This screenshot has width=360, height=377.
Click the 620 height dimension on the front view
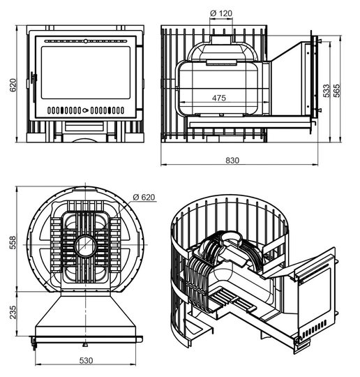tap(13, 85)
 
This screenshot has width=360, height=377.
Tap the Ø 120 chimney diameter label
tap(221, 13)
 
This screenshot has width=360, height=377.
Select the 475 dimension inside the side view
tap(219, 98)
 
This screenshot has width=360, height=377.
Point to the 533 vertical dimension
tap(327, 90)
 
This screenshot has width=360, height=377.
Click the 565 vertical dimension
tap(337, 90)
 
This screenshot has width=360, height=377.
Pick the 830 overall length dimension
tap(232, 160)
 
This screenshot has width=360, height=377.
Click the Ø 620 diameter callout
tap(144, 197)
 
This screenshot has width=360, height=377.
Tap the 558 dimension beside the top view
tap(13, 242)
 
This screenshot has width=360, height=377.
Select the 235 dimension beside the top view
tap(13, 312)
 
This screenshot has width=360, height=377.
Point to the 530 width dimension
tap(86, 360)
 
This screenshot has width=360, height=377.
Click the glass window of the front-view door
tap(86, 73)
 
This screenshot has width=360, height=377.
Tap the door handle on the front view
tap(33, 80)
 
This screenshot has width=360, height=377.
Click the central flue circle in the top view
tap(86, 246)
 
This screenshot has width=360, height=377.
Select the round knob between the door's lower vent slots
tap(85, 110)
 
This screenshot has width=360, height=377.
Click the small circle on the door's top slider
tap(86, 41)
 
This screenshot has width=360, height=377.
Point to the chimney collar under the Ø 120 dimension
tap(221, 40)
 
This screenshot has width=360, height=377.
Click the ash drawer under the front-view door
tap(84, 126)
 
